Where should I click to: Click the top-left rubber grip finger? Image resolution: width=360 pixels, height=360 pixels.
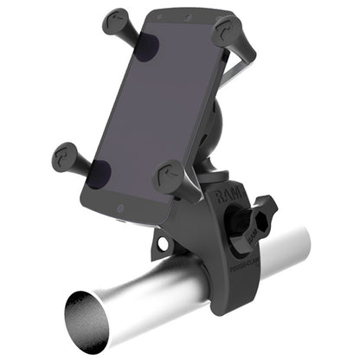[x=117, y=25]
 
